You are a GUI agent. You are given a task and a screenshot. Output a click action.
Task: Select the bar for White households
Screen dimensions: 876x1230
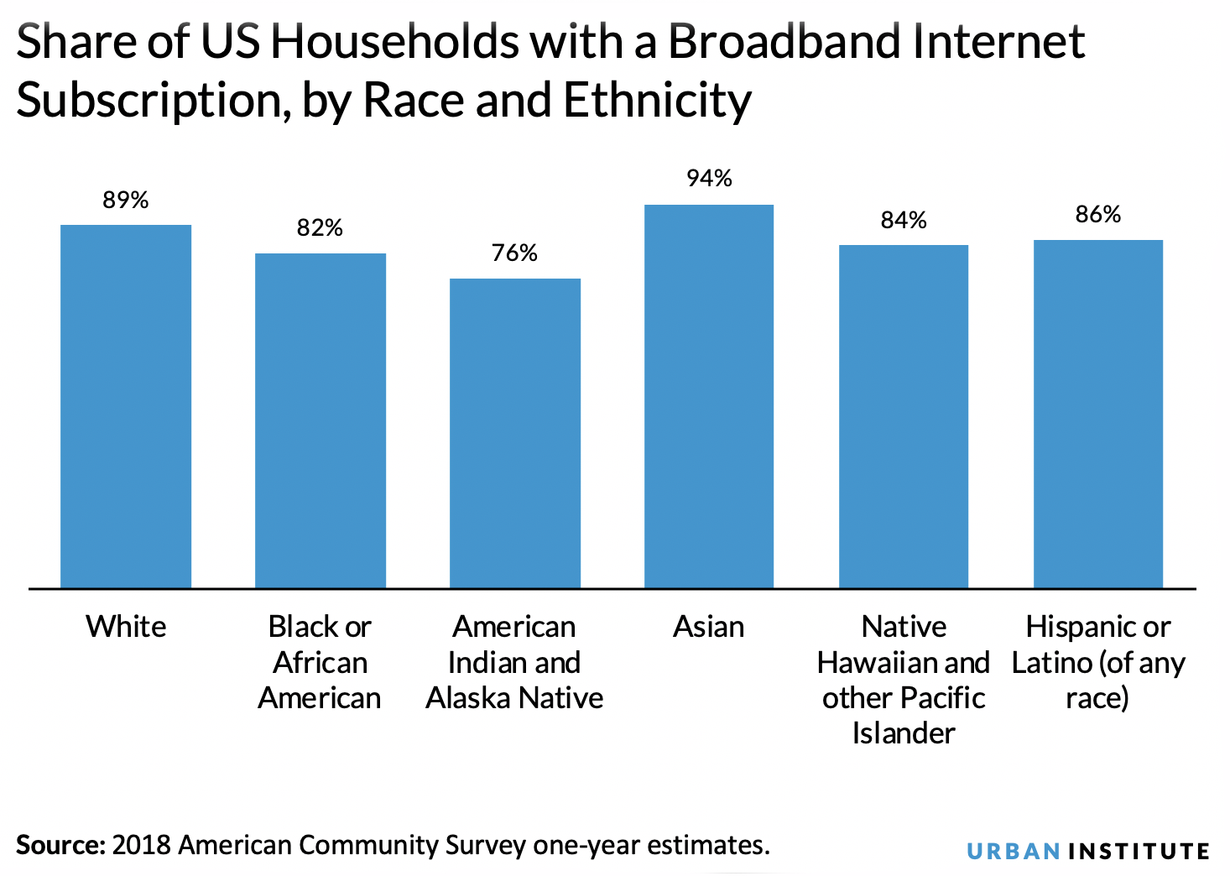(x=126, y=406)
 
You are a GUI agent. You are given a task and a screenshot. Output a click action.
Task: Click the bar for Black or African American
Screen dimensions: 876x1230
(x=321, y=420)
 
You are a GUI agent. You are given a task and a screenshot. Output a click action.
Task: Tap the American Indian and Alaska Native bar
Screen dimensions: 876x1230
(x=514, y=433)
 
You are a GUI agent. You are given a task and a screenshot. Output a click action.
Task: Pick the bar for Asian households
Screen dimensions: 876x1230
(x=709, y=396)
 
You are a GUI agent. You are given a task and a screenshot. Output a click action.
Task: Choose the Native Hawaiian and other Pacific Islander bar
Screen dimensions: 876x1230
(x=904, y=416)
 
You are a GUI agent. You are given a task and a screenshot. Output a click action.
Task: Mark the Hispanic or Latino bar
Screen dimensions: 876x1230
(x=1097, y=414)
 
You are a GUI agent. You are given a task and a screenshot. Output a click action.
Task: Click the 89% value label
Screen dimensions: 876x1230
(x=126, y=201)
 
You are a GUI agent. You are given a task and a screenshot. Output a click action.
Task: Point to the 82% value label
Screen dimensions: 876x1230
(x=320, y=228)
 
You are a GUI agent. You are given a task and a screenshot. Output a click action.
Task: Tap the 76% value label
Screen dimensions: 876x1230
(x=514, y=253)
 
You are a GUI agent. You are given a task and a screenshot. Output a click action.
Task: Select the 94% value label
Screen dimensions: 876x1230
(x=709, y=179)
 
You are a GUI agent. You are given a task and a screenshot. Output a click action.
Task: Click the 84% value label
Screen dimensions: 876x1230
(x=904, y=221)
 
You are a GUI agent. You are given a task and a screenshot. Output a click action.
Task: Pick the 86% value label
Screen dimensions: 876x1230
(x=1097, y=216)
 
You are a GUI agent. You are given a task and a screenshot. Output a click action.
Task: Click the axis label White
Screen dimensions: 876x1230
(x=126, y=627)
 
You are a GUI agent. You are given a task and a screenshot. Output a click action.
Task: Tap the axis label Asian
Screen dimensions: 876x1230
(x=709, y=627)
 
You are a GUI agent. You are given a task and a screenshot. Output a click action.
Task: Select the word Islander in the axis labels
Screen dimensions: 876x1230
(x=904, y=733)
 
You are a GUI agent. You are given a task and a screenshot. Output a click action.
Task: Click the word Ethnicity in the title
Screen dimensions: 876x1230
(x=657, y=101)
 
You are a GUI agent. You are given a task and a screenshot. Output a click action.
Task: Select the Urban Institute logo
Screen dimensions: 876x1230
(x=1087, y=852)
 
